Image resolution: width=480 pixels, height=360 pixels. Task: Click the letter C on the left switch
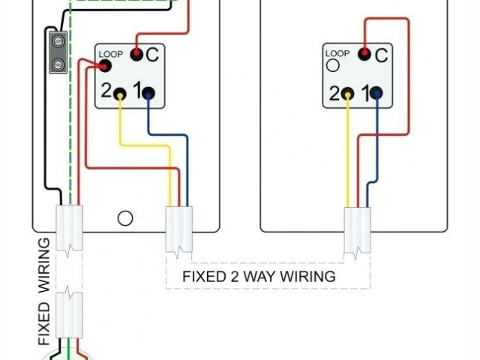[x=152, y=54]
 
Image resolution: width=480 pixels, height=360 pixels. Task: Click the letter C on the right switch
[x=380, y=54]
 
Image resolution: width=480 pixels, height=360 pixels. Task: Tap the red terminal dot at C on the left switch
[x=136, y=54]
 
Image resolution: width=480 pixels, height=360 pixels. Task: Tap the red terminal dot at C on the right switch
[x=364, y=54]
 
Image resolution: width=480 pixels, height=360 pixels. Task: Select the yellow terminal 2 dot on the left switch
[x=120, y=93]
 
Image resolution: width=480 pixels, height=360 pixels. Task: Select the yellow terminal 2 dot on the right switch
[x=348, y=93]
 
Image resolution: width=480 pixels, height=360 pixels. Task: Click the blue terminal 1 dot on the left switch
[x=148, y=93]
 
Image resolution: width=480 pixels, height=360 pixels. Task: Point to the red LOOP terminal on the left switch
[x=104, y=66]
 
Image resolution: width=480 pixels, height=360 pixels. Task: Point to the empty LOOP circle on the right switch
[x=331, y=66]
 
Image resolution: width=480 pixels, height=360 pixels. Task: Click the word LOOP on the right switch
[x=337, y=52]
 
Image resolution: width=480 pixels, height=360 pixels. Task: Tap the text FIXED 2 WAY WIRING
[x=259, y=276]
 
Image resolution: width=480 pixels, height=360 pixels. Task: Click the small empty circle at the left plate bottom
[x=126, y=218]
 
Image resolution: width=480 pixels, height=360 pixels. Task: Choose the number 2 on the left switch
[x=106, y=91]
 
